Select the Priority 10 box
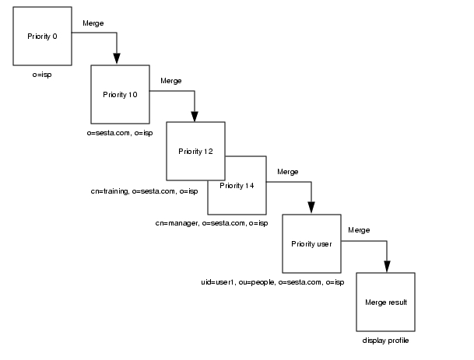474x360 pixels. pos(120,94)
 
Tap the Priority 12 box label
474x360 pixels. pos(195,150)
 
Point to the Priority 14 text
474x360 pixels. pos(237,186)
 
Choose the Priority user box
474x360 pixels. pos(311,243)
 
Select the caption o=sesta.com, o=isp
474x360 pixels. pos(120,133)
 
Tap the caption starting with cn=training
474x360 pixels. pos(144,191)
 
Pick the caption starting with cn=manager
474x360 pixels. pos(211,223)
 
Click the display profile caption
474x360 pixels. pos(385,341)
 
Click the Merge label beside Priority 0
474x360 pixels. pos(93,23)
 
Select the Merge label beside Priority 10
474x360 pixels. pos(170,81)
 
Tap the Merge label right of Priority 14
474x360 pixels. pos(287,172)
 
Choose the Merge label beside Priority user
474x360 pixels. pos(358,230)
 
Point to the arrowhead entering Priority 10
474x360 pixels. pos(117,58)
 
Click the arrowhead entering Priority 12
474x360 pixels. pos(195,116)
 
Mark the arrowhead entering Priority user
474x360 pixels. pos(311,208)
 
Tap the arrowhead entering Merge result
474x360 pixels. pos(387,266)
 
